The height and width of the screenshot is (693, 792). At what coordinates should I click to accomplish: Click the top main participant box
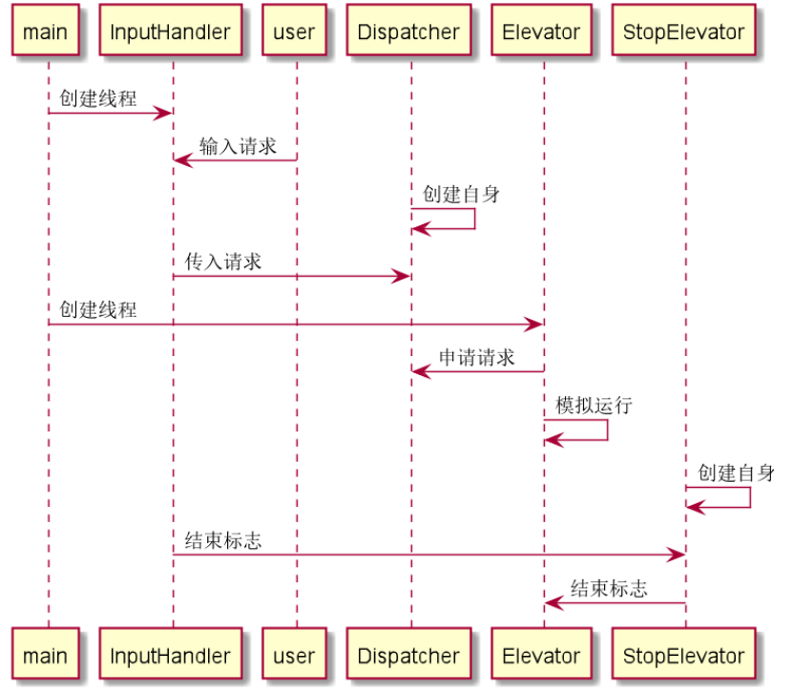point(46,31)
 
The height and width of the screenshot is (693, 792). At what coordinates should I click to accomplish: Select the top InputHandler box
point(171,31)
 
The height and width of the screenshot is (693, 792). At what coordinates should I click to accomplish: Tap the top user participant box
point(294,31)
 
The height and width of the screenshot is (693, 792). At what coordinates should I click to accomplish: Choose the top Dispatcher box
point(409,31)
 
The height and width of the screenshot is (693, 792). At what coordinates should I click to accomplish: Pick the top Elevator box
point(541,31)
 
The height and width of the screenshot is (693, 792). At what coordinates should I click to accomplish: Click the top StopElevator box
point(683,31)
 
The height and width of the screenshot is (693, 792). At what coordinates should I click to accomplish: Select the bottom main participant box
point(46,656)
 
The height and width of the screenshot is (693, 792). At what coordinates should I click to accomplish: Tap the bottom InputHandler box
point(171,656)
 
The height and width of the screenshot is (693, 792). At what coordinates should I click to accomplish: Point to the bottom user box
point(294,656)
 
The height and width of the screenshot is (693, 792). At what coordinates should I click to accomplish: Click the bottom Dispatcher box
point(409,656)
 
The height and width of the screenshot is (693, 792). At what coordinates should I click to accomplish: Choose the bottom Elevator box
point(541,656)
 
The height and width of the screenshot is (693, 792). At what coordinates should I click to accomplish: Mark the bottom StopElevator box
point(683,656)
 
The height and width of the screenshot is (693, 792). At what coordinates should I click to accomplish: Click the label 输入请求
point(238,146)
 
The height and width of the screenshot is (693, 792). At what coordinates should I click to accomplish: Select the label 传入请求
point(223,262)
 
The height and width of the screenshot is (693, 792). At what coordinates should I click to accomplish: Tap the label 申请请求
point(477,358)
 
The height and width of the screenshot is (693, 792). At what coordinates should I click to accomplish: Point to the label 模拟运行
point(594,406)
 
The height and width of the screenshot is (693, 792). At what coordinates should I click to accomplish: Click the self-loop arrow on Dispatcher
point(474,219)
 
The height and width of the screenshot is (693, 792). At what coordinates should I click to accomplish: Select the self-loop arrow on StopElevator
point(749,497)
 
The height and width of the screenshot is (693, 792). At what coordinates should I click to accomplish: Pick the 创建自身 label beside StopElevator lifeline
point(736,473)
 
